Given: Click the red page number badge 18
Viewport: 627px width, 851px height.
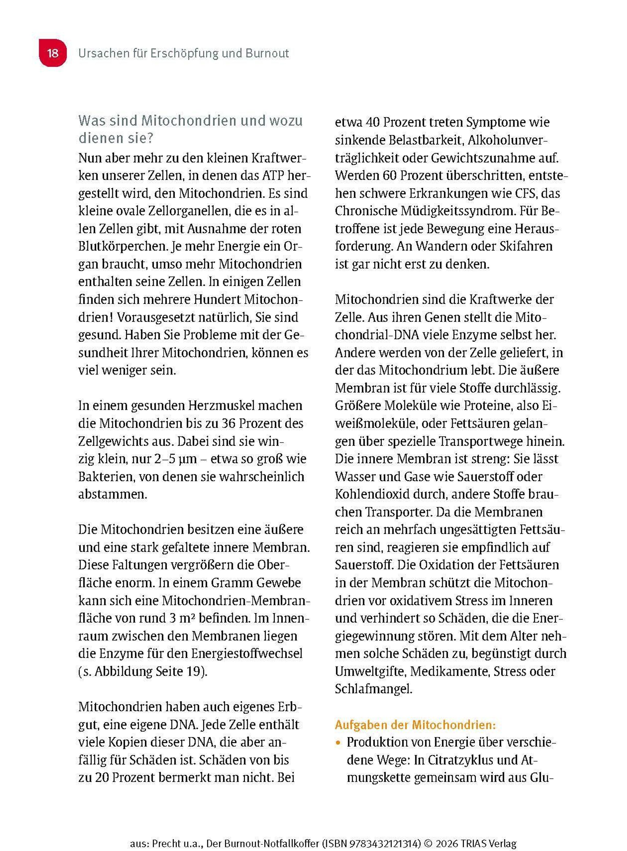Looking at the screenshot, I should (53, 53).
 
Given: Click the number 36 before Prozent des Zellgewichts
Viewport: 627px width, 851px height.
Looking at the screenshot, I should (229, 424).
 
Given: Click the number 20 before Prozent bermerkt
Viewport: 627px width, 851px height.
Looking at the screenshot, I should (102, 778).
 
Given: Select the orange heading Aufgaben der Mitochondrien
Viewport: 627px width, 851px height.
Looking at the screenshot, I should (415, 725).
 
